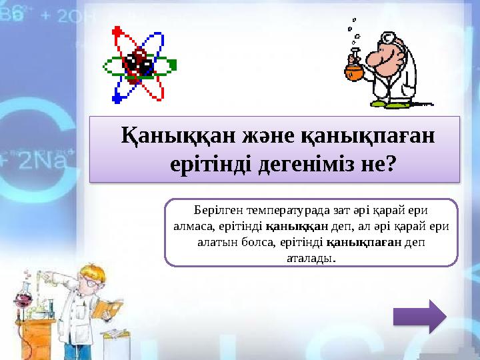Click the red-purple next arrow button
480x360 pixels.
(419, 315)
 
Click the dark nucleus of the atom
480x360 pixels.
(140, 63)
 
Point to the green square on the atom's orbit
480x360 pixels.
(172, 65)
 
